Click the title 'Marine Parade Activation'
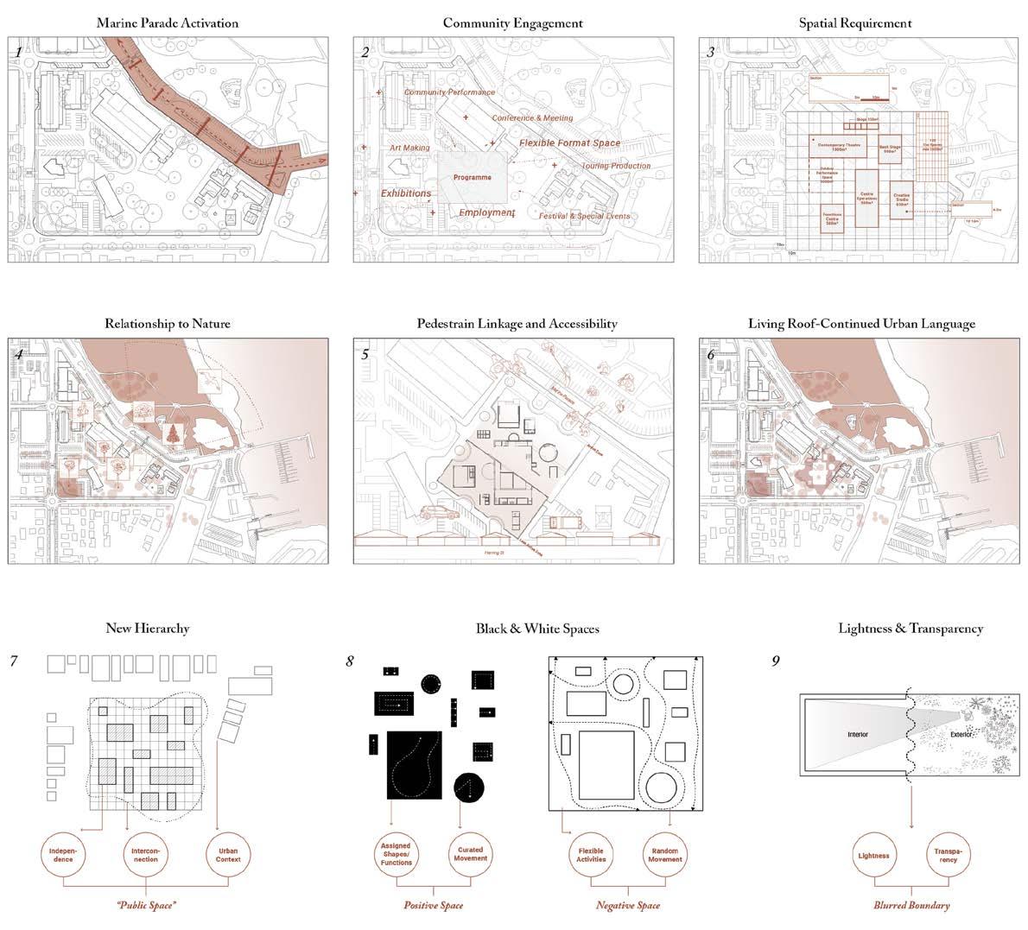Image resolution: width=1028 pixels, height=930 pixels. click(168, 22)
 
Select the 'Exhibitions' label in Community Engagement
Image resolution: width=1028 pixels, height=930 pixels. click(406, 193)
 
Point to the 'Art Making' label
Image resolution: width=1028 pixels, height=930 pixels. click(409, 149)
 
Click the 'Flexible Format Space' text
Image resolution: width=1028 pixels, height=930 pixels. click(569, 142)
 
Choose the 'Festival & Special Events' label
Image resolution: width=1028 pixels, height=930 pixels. click(584, 216)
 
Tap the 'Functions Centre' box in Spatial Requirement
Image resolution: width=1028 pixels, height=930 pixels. click(833, 220)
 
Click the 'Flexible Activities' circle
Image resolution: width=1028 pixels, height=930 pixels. click(592, 856)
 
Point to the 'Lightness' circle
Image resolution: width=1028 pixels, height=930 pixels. click(875, 856)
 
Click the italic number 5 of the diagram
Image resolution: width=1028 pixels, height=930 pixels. click(365, 354)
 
